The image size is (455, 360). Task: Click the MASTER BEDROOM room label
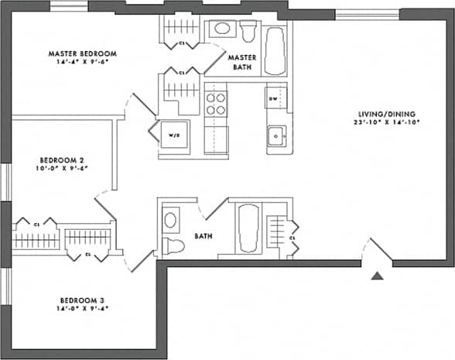click(x=82, y=53)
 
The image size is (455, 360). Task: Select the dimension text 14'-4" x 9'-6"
click(x=82, y=63)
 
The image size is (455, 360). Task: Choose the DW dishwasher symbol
click(x=273, y=100)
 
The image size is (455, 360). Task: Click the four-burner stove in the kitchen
click(x=216, y=104)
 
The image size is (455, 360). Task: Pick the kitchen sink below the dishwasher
click(x=276, y=136)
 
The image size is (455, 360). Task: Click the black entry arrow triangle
click(x=377, y=276)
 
